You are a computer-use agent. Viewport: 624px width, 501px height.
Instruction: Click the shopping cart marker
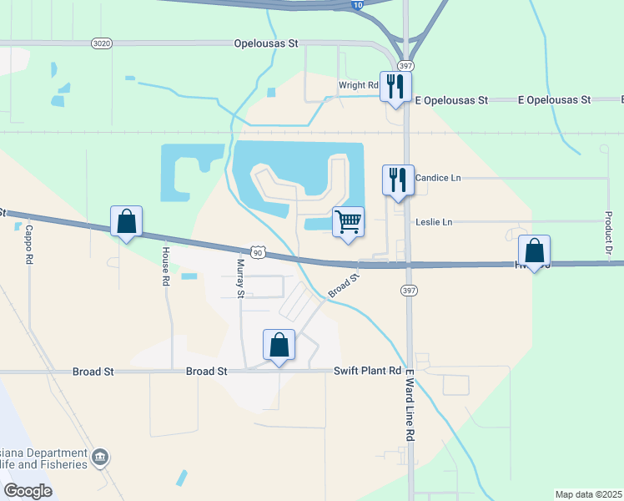click(x=348, y=223)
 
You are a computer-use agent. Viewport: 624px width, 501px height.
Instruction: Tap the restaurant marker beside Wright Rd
click(x=395, y=85)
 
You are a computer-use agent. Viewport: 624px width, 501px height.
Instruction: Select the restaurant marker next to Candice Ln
click(x=397, y=180)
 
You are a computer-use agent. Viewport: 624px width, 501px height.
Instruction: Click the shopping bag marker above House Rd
click(x=126, y=222)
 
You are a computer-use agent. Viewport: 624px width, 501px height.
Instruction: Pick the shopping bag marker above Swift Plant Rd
click(x=279, y=345)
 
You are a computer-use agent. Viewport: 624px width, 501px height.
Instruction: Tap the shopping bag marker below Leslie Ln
click(x=534, y=250)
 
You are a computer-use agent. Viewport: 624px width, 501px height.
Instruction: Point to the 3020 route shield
click(x=101, y=43)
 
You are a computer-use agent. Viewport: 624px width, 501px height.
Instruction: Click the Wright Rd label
click(x=359, y=85)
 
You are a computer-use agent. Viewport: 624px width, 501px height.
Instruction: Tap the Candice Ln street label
click(x=438, y=178)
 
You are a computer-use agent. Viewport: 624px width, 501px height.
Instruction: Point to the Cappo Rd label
click(x=28, y=245)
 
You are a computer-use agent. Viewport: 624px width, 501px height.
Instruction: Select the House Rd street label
click(x=166, y=266)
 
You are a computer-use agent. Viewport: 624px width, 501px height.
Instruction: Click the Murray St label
click(x=240, y=278)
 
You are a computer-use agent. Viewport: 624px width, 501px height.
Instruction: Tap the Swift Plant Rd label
click(x=368, y=372)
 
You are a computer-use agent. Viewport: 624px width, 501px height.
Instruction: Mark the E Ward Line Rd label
click(x=410, y=409)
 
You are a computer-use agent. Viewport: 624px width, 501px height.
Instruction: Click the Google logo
click(x=28, y=491)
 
